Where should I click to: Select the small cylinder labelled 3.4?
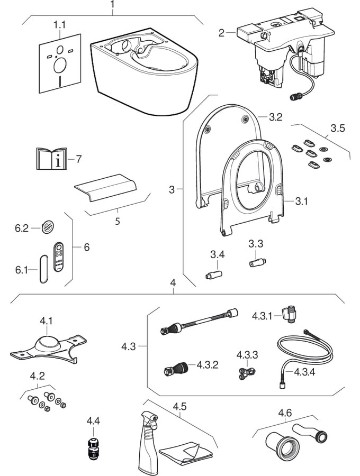215,274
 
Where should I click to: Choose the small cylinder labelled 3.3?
257,262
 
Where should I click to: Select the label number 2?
222,33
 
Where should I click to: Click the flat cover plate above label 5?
106,188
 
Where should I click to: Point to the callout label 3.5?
337,128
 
